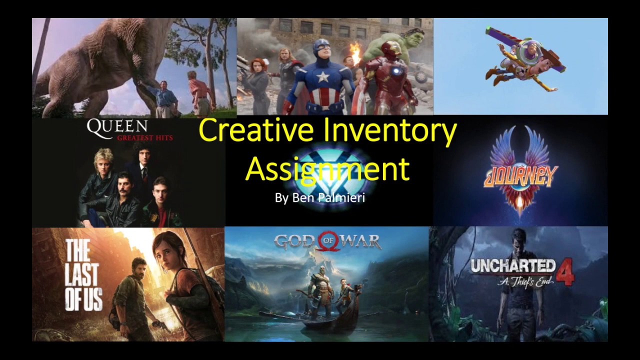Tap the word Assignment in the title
[327, 169]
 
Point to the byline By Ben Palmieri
[320, 197]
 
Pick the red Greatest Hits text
[145, 138]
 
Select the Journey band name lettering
[520, 176]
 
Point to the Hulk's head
[395, 40]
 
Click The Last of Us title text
[83, 275]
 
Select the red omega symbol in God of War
[327, 240]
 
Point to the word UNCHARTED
[513, 266]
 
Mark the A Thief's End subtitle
[525, 281]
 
